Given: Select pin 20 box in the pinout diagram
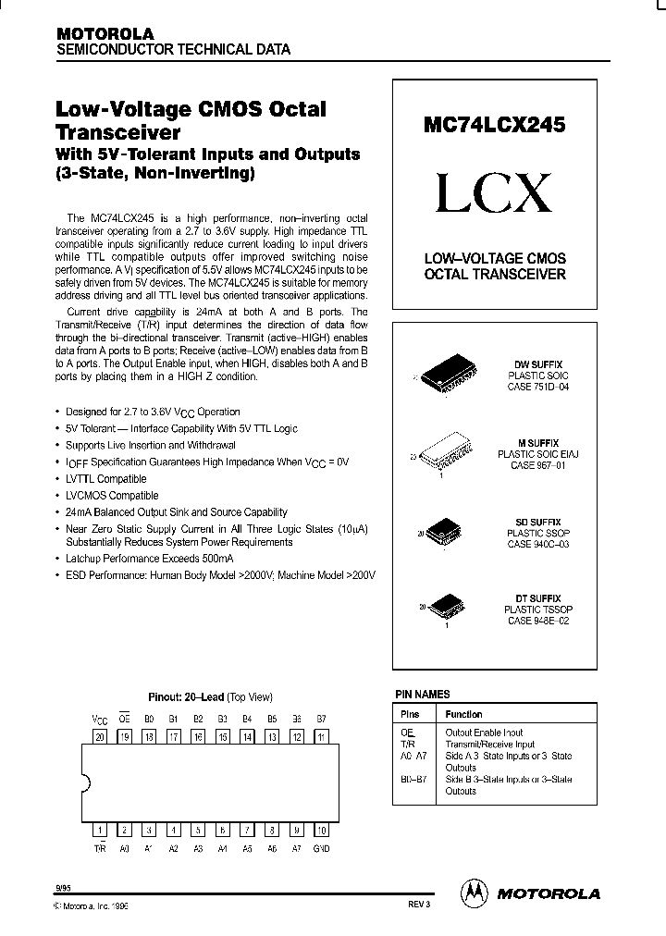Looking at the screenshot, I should [x=100, y=736].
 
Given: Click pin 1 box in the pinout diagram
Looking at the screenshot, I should [x=100, y=829].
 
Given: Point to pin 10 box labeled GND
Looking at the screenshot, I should [x=321, y=829].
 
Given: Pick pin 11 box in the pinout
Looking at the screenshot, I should [x=321, y=736].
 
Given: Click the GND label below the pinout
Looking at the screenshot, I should [x=321, y=848].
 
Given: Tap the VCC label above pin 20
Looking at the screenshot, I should [x=100, y=718].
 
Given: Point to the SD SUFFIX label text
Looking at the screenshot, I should [x=538, y=522].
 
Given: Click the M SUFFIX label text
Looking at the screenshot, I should [x=538, y=444].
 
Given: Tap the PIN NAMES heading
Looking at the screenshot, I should [x=423, y=694].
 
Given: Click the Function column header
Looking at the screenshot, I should [x=463, y=714].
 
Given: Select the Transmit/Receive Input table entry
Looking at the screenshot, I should [x=489, y=744].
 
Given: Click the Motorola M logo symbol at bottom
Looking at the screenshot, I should [x=473, y=893].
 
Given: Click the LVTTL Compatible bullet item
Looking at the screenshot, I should [x=105, y=479].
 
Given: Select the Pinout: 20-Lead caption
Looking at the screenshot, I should [x=210, y=697].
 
